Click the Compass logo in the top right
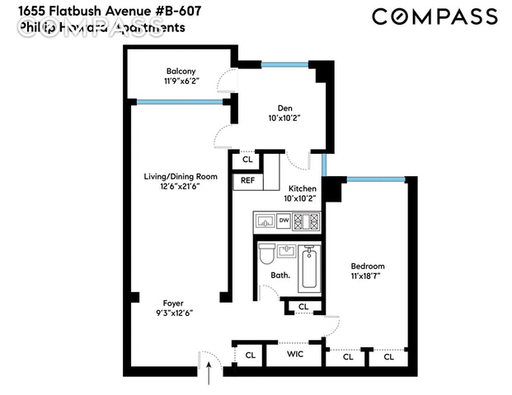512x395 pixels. pyautogui.click(x=434, y=16)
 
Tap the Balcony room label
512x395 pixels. pyautogui.click(x=181, y=72)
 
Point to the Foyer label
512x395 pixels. pyautogui.click(x=172, y=302)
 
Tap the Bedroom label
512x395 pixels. pyautogui.click(x=368, y=267)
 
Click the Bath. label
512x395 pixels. pyautogui.click(x=280, y=275)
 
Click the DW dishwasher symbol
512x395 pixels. pyautogui.click(x=283, y=221)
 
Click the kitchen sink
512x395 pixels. pyautogui.click(x=265, y=221)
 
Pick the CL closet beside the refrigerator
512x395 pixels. pyautogui.click(x=247, y=160)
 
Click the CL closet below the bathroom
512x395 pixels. pyautogui.click(x=303, y=307)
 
